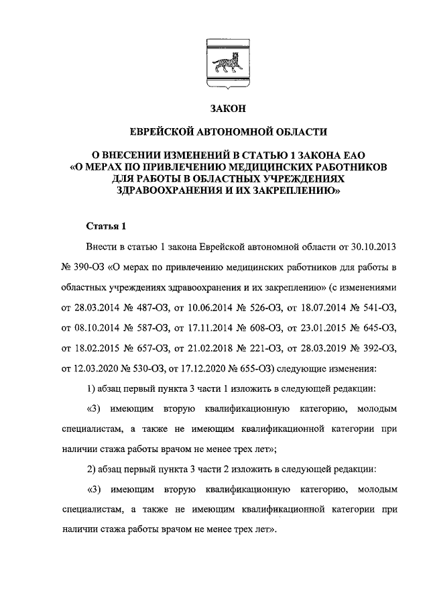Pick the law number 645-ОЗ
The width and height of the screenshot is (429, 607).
tap(377, 328)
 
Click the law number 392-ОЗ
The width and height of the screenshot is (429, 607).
tap(377, 348)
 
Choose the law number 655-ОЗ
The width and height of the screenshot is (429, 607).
tap(253, 368)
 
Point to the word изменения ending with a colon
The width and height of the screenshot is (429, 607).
tap(351, 368)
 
